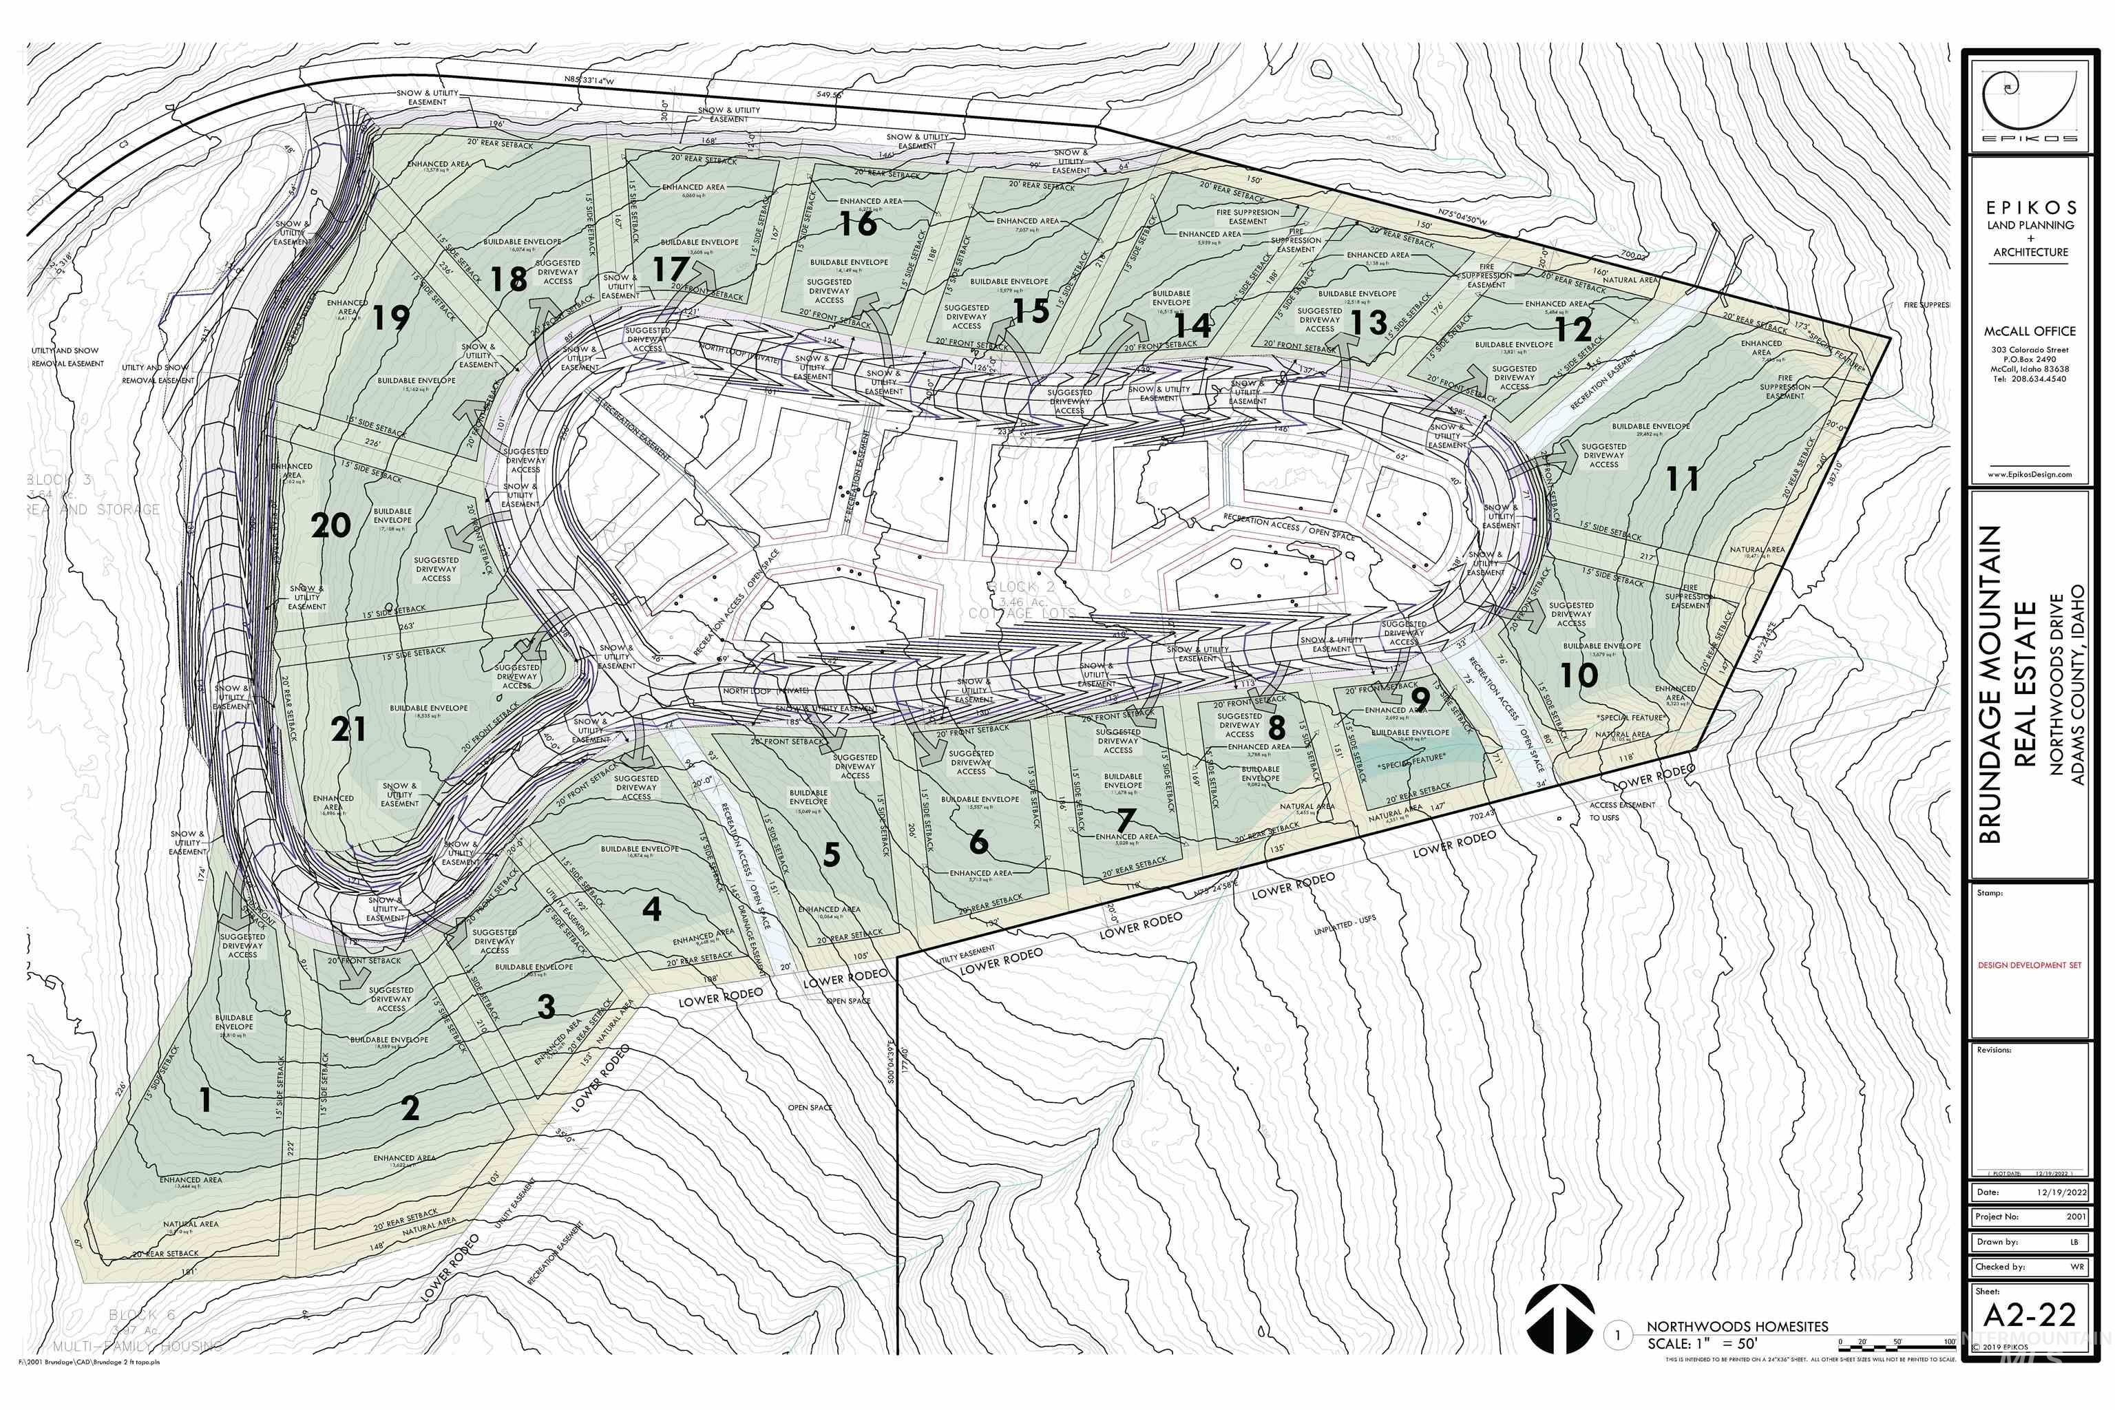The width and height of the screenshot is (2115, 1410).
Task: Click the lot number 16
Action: tap(858, 222)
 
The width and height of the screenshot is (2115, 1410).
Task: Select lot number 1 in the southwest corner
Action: tap(206, 1099)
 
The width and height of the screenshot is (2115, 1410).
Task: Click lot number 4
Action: tap(652, 909)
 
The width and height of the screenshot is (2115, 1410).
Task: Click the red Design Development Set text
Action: tap(2029, 965)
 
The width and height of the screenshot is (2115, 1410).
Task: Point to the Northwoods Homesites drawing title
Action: tap(1737, 1325)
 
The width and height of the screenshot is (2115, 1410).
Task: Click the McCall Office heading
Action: tap(2030, 331)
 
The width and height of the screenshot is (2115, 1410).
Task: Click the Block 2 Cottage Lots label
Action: tap(1022, 600)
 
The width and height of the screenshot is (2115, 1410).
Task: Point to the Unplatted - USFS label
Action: tap(1345, 926)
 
